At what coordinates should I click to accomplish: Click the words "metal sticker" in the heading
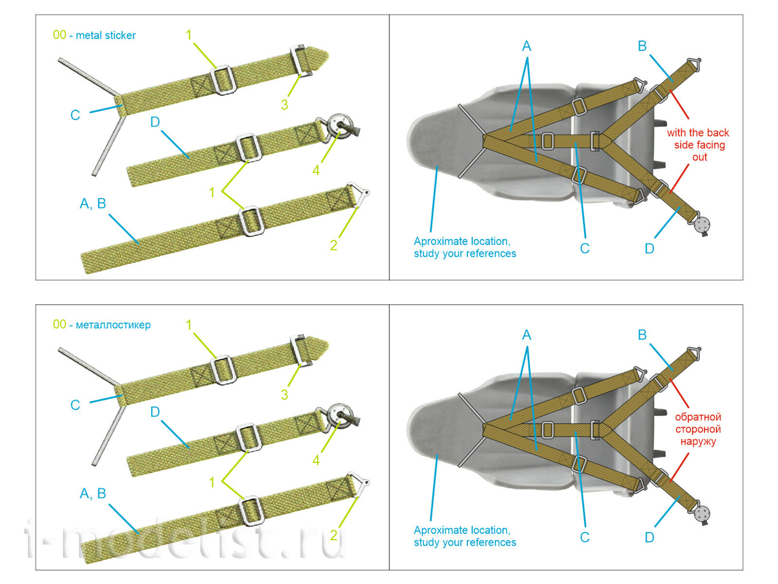(x=106, y=36)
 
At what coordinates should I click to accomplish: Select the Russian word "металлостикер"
(x=113, y=325)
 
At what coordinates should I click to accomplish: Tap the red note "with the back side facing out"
(x=698, y=145)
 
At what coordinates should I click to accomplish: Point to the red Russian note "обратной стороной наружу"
(x=698, y=429)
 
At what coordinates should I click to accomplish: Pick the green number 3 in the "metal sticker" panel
(x=284, y=105)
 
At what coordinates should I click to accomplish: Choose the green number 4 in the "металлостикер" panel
(x=316, y=460)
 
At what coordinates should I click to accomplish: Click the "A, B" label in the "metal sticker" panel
(x=93, y=203)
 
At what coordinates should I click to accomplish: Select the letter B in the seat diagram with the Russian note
(x=642, y=335)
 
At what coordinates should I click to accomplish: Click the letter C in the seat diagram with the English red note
(x=584, y=249)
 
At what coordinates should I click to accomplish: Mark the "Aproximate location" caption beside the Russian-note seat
(x=464, y=536)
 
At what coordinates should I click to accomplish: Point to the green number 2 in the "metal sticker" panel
(x=334, y=245)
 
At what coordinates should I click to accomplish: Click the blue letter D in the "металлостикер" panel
(x=155, y=412)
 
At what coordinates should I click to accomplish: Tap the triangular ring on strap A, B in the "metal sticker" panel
(x=360, y=193)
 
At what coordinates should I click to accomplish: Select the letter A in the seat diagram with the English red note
(x=527, y=46)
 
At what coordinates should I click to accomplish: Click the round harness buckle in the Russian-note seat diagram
(x=702, y=513)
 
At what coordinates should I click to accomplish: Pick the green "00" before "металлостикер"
(x=59, y=325)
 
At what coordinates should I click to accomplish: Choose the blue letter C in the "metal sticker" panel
(x=75, y=115)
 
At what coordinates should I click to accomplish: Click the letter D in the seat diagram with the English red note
(x=649, y=249)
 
